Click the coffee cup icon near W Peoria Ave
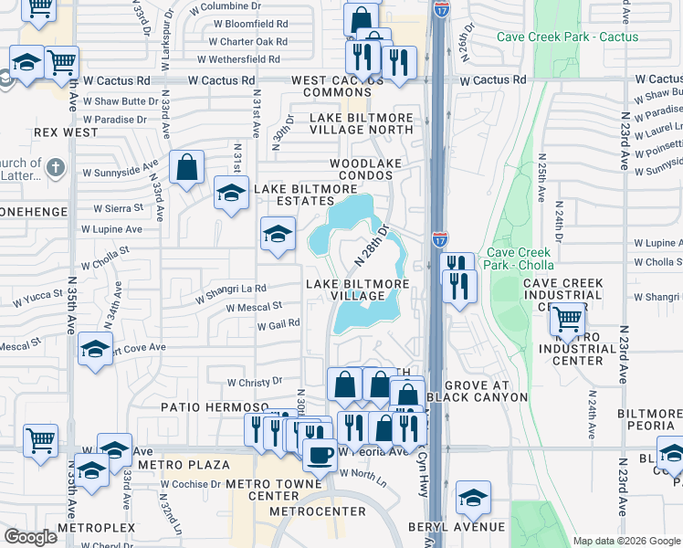319,453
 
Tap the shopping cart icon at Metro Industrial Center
569,319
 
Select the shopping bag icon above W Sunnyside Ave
187,167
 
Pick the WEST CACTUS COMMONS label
343,87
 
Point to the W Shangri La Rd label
231,292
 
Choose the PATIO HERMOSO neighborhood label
215,406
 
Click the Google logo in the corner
30,537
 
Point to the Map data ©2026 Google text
625,541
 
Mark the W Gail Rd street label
278,326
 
